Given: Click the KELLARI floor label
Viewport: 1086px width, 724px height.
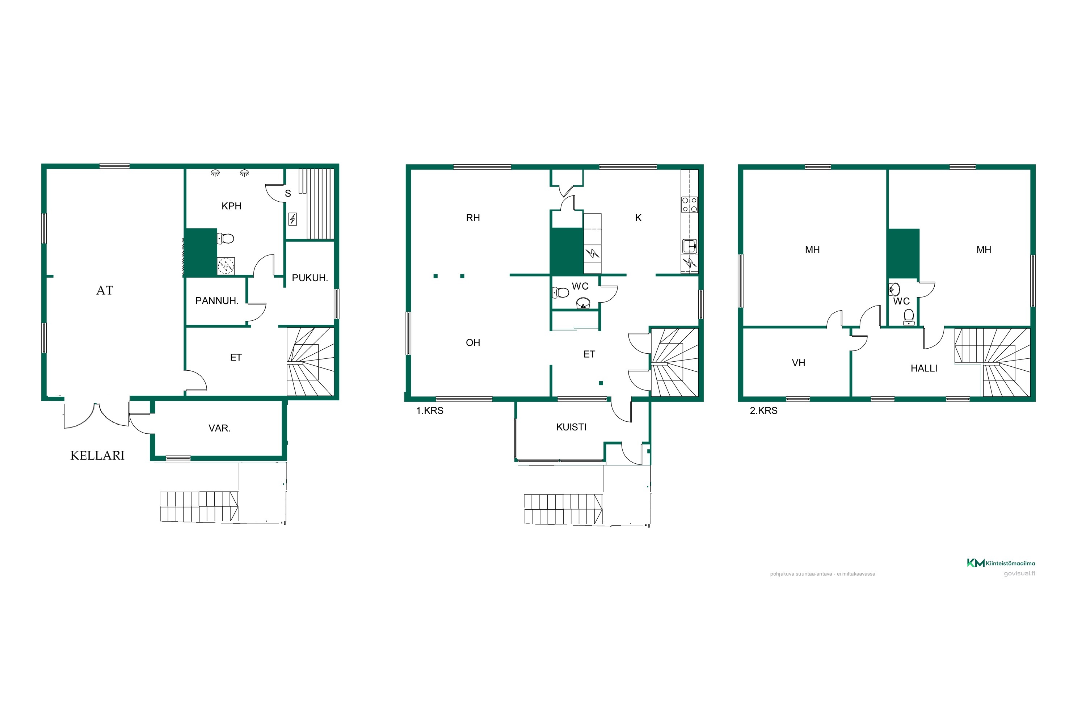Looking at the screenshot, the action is coord(97,456).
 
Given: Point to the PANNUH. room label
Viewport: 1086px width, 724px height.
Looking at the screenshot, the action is coord(216,301).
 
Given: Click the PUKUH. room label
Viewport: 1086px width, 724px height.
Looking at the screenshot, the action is coord(310,278).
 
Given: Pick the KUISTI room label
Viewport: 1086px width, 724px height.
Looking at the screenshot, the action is coord(571,427).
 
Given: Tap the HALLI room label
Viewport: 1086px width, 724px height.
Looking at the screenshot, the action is coord(923,369).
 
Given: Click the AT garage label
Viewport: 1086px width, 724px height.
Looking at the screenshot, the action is coord(105,290).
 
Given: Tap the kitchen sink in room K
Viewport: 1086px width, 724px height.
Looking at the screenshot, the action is coord(690,246).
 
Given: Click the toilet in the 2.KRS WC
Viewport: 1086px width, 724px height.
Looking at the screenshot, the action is coord(909,317).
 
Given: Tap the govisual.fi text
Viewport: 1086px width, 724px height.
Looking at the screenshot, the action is coord(1019,573).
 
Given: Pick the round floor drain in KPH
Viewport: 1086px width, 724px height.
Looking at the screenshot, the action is coord(226,266).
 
